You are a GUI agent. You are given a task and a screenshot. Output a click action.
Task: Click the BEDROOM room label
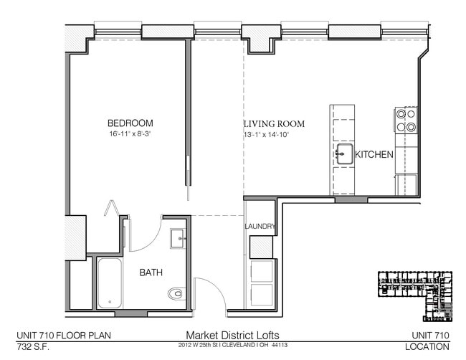pos(130,123)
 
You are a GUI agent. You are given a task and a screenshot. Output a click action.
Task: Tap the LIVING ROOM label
pos(274,124)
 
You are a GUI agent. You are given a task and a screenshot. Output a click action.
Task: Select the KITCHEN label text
pos(374,154)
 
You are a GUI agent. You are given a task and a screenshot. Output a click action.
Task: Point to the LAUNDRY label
pos(260,227)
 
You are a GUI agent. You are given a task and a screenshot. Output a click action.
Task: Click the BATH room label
pos(151,273)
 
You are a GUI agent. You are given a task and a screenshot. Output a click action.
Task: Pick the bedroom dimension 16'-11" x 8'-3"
pos(130,134)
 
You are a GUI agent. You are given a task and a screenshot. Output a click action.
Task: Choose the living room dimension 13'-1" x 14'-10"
pos(266,135)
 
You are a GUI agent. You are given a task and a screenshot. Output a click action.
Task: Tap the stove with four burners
pos(406,120)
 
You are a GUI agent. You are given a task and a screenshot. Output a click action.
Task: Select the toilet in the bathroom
pos(176,293)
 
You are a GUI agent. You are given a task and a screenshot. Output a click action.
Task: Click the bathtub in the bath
pos(110,284)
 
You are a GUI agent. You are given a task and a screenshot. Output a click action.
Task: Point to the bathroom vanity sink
pos(178,237)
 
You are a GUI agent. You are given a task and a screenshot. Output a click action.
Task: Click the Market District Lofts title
pos(233,335)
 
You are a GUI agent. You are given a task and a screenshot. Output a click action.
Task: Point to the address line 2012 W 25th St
pos(233,345)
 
